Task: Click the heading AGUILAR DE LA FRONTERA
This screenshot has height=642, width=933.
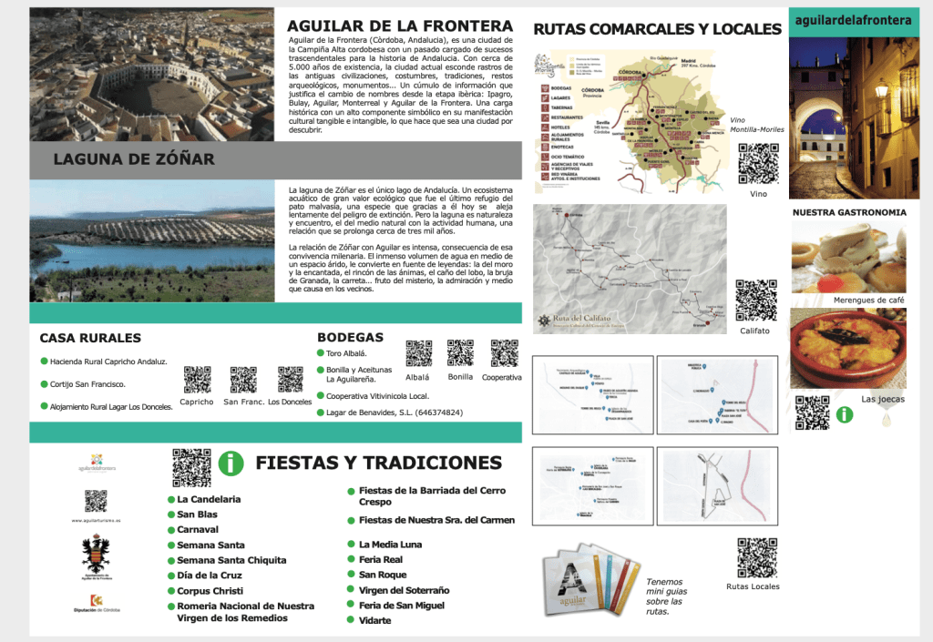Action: pos(400,25)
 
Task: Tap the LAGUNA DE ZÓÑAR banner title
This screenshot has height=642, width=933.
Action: pos(134,159)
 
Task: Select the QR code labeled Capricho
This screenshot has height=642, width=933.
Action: pos(197,379)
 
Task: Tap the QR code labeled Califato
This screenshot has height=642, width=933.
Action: pos(755,301)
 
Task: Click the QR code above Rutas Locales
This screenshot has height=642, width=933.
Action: pos(756,558)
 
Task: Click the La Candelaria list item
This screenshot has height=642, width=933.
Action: pos(209,499)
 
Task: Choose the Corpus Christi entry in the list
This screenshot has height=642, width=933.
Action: pos(210,591)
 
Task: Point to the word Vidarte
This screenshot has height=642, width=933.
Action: pos(374,620)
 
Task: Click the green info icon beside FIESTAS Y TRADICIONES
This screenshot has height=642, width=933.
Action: pos(231,464)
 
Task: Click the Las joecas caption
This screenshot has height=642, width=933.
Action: pos(883,399)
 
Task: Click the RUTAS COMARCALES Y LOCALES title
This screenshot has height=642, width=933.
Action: pos(657,29)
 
